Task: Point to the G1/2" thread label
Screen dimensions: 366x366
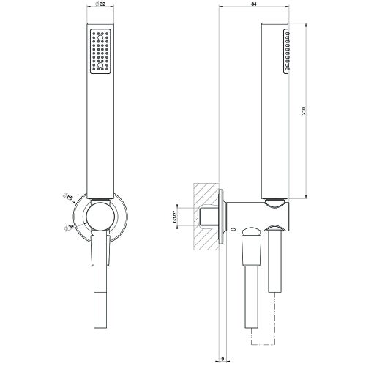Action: pos(176,215)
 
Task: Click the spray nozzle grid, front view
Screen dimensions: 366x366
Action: pos(100,52)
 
